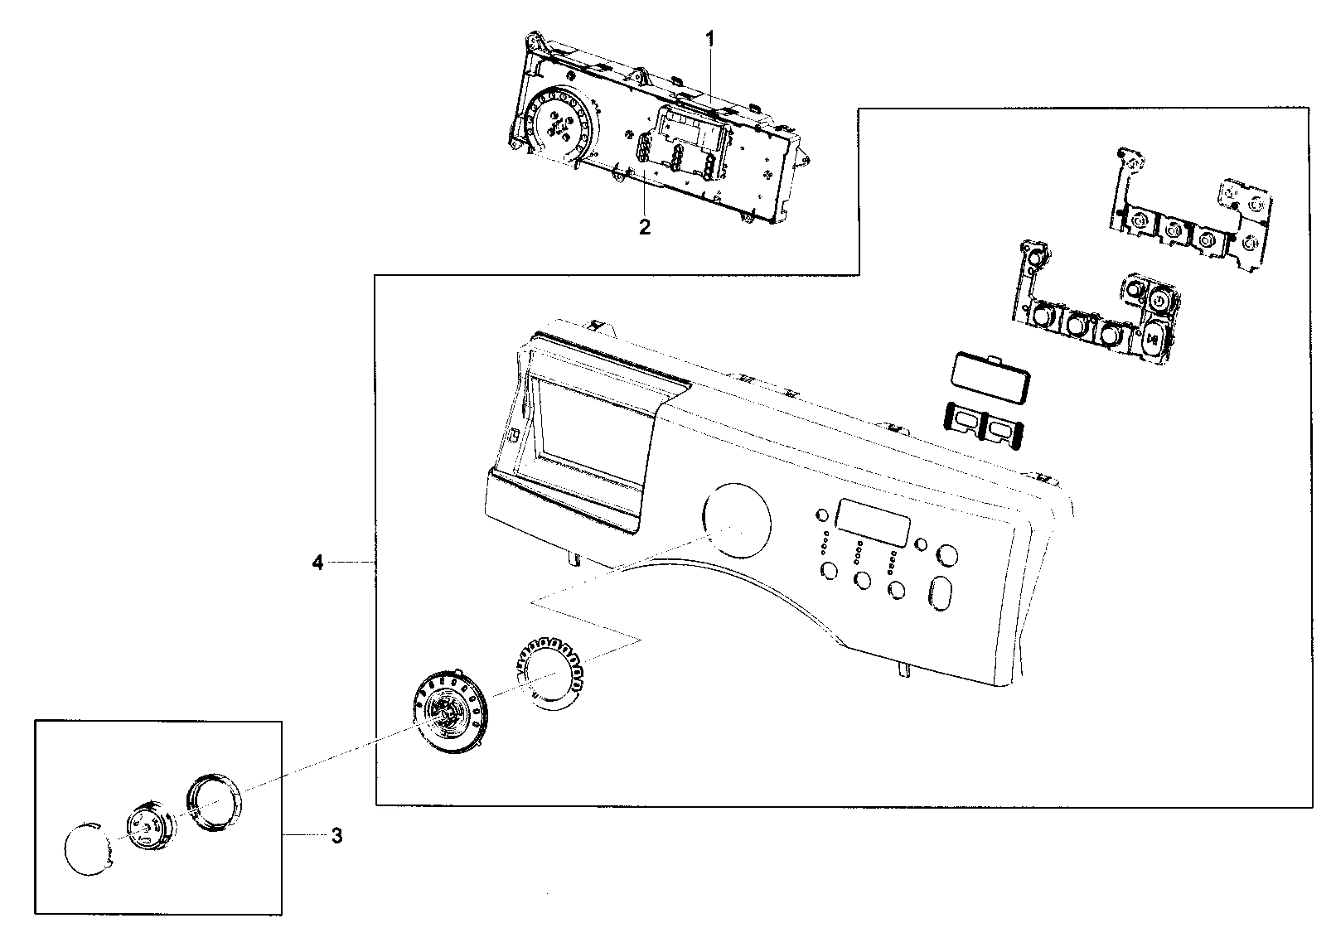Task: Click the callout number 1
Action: pyautogui.click(x=709, y=38)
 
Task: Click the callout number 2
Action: pyautogui.click(x=645, y=227)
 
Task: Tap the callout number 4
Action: pyautogui.click(x=317, y=563)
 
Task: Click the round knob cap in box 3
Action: pyautogui.click(x=87, y=847)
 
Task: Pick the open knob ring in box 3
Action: pyautogui.click(x=215, y=802)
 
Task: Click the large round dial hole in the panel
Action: pyautogui.click(x=736, y=519)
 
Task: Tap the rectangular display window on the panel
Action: pyautogui.click(x=873, y=519)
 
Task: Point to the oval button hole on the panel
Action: pyautogui.click(x=942, y=594)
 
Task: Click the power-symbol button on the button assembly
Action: pyautogui.click(x=1159, y=299)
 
